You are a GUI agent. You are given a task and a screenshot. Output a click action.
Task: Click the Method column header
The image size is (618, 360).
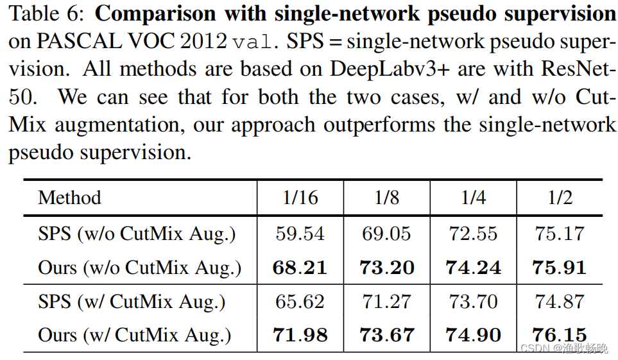(x=69, y=197)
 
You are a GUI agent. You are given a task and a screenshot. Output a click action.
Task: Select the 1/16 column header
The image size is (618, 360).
(x=300, y=197)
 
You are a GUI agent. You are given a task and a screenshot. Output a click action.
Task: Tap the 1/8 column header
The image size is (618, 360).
(x=386, y=197)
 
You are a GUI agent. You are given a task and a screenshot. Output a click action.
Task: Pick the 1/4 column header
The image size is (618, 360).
(x=473, y=197)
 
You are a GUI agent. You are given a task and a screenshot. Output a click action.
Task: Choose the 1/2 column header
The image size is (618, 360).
(x=560, y=197)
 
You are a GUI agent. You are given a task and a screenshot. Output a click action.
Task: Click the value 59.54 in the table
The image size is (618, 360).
(x=300, y=234)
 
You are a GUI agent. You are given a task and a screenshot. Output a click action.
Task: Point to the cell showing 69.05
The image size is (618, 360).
(x=386, y=234)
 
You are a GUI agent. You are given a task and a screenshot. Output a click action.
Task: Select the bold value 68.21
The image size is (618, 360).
(x=300, y=267)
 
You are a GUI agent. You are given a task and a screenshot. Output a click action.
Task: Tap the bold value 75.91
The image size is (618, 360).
(x=560, y=267)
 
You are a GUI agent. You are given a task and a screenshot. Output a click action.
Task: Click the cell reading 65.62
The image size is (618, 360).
(x=300, y=302)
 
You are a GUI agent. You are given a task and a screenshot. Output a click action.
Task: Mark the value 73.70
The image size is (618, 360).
(x=473, y=302)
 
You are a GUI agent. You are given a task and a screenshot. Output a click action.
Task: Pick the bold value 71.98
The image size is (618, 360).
(x=300, y=335)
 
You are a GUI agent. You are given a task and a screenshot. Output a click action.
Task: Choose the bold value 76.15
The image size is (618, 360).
(x=560, y=335)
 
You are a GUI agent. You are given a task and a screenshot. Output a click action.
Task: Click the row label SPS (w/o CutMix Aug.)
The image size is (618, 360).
(x=137, y=234)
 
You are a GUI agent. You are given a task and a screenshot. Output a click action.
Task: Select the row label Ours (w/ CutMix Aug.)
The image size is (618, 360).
(x=135, y=335)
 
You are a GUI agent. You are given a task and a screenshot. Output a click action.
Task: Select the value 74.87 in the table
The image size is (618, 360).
(x=560, y=302)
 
